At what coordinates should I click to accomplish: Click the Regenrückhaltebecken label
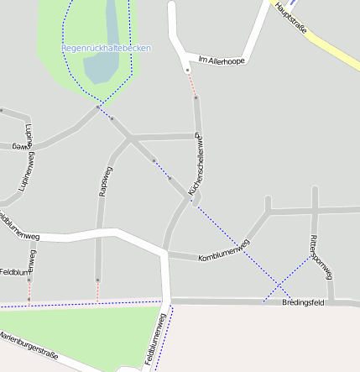(106, 49)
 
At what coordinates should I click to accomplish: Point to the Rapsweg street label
(106, 181)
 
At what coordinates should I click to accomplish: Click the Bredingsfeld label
(303, 301)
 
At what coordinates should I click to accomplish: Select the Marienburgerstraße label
(29, 346)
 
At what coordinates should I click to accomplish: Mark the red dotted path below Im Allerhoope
(191, 84)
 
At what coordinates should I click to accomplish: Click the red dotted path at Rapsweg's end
(98, 291)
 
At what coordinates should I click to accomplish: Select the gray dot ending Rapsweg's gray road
(98, 280)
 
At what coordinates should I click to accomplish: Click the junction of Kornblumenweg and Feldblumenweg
(166, 250)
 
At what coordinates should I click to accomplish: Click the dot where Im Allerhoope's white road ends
(187, 70)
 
